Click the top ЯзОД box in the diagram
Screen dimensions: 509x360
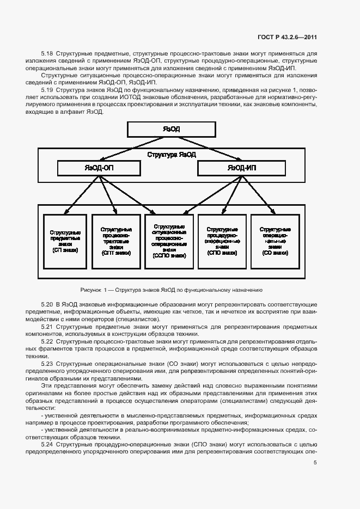(x=172, y=129)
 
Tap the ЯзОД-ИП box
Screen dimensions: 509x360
(x=241, y=168)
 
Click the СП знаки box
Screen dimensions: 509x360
(x=65, y=241)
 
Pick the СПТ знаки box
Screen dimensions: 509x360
(x=115, y=241)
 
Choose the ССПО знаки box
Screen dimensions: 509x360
(x=169, y=241)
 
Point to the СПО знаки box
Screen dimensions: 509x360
(x=222, y=241)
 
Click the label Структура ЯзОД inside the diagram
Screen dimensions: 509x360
(x=172, y=155)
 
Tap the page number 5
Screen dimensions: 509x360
(x=315, y=463)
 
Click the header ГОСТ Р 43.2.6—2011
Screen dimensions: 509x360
(x=287, y=38)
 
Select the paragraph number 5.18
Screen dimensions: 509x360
(x=47, y=54)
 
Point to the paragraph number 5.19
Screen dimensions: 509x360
(x=47, y=89)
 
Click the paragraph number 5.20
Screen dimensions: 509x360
(x=47, y=303)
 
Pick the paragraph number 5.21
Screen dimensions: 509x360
(x=47, y=326)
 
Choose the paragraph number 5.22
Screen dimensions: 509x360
(x=47, y=341)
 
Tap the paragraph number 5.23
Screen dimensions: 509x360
(x=47, y=364)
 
